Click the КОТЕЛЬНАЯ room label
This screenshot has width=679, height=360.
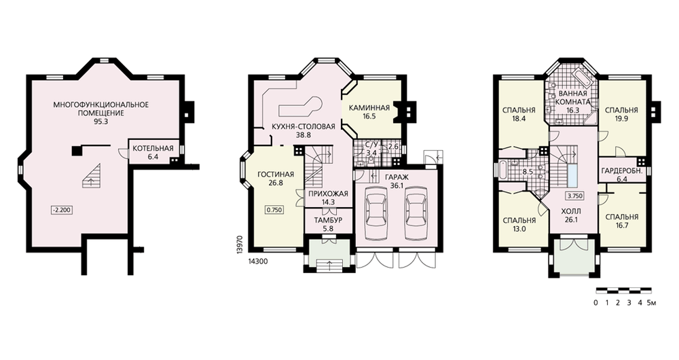(x=153, y=149)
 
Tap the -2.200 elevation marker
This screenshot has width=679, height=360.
(x=61, y=211)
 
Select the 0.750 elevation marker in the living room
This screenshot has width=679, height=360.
(x=274, y=210)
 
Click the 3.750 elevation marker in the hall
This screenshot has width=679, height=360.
(x=574, y=196)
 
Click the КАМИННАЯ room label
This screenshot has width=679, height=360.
(x=369, y=108)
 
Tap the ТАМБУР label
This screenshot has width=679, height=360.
(x=328, y=220)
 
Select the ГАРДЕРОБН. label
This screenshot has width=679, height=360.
(x=621, y=170)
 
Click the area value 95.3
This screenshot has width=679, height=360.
(x=100, y=122)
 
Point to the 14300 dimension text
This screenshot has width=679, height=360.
(x=258, y=262)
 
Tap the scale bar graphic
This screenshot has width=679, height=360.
(x=623, y=290)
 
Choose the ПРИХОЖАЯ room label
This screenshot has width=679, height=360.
(x=327, y=194)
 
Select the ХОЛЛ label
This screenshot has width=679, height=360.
(x=574, y=212)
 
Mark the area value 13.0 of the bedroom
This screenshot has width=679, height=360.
(x=519, y=229)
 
